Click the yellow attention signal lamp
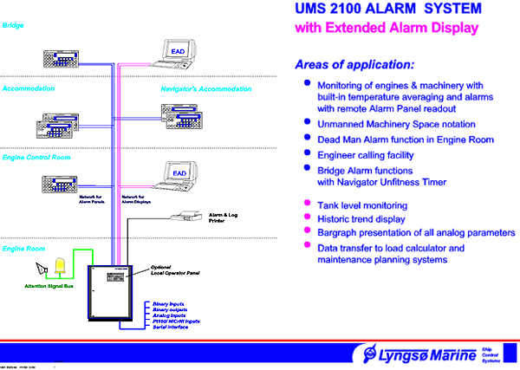[x=61, y=266]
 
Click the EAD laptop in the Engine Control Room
[x=179, y=176]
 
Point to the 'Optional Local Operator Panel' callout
[x=175, y=270]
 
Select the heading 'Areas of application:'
[x=354, y=64]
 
